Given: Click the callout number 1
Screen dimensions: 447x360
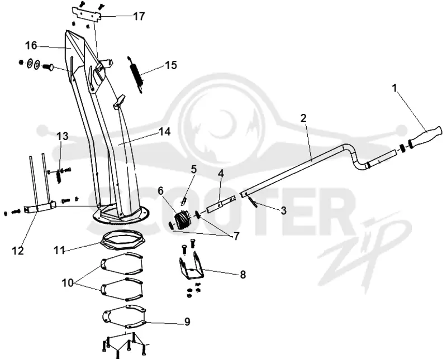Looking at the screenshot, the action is (395, 88).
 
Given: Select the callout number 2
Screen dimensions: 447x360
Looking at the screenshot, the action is (303, 118).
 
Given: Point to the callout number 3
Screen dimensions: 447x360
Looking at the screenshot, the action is (283, 211).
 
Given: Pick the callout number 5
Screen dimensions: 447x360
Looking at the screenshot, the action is (194, 169).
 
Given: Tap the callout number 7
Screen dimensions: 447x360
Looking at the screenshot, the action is (236, 237).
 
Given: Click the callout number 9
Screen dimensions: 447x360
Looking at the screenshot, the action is (187, 322).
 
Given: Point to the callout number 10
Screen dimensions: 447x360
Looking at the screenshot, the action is (68, 283).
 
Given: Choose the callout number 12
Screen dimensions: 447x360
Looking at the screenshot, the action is (18, 251).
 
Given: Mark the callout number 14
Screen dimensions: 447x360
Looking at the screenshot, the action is (165, 132).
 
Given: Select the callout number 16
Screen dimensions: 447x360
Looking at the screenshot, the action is (31, 45).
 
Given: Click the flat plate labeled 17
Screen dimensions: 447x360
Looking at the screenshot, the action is (87, 15).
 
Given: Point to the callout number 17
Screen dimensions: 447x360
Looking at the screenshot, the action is (139, 16).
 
